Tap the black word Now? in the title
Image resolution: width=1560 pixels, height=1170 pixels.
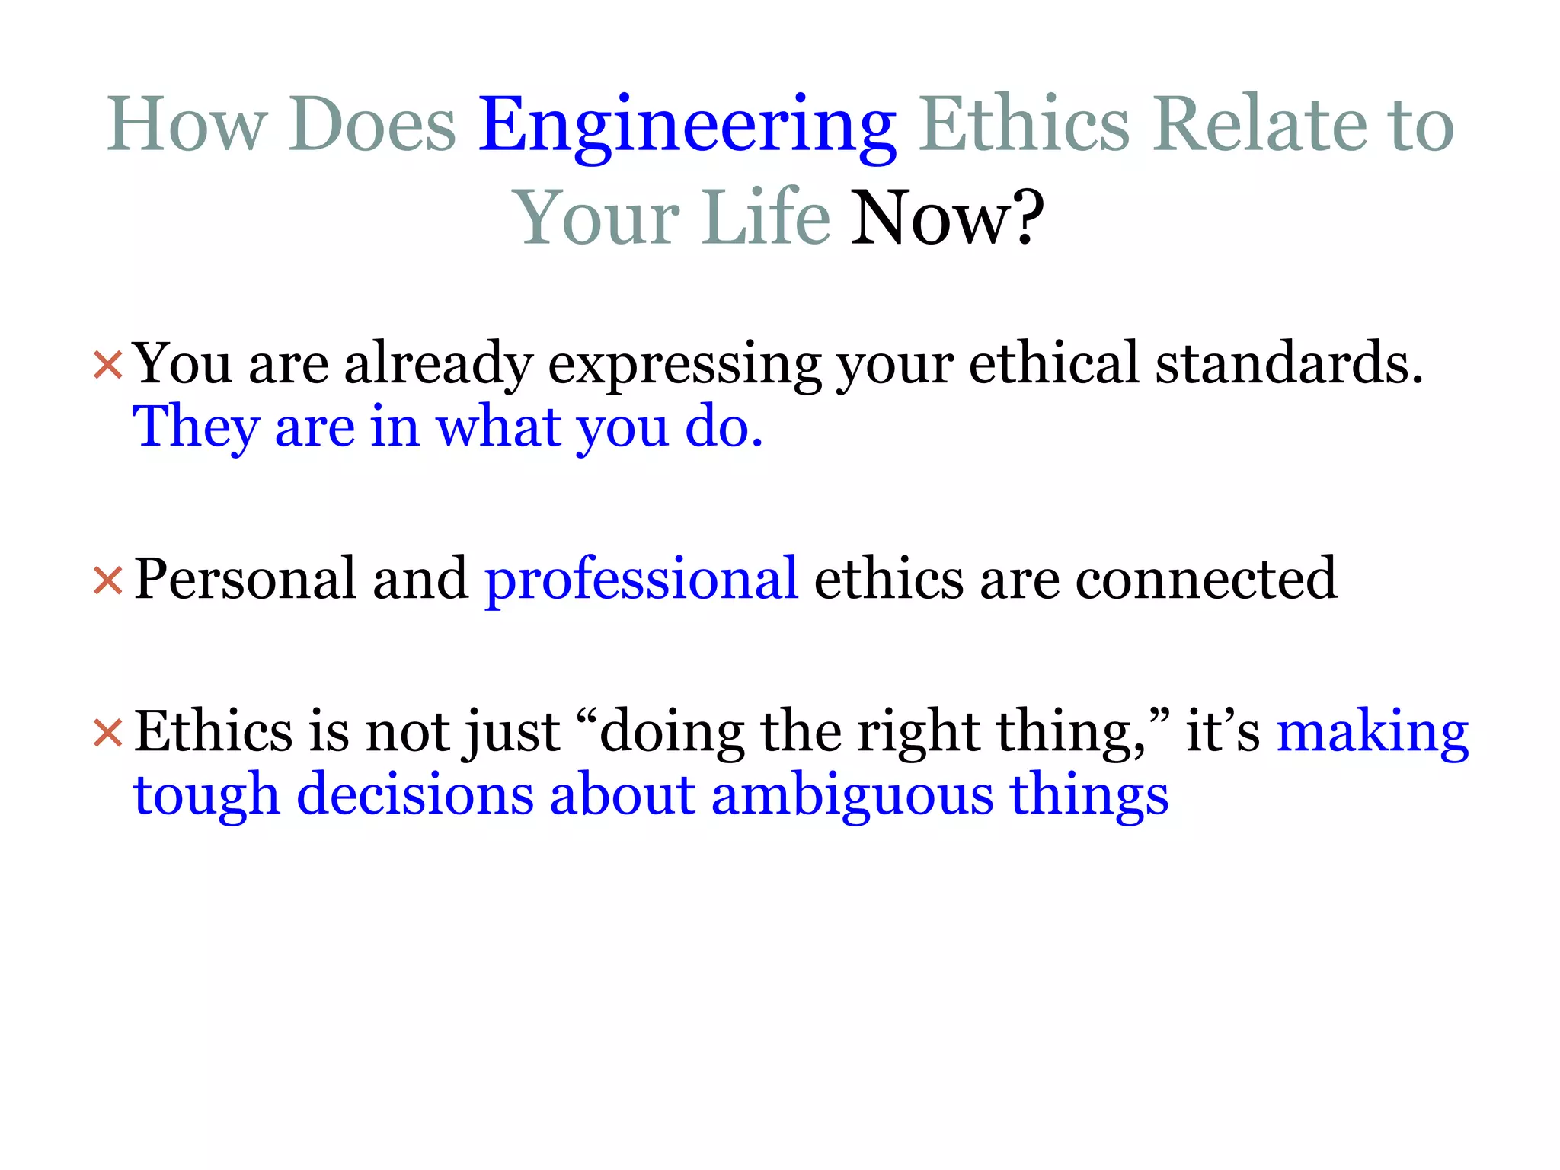(947, 219)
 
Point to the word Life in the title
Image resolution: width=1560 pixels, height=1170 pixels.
(766, 219)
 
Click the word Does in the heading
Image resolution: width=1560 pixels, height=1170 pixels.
(372, 124)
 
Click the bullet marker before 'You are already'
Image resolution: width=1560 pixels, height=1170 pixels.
(107, 365)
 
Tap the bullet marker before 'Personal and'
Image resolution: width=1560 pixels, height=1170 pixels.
(107, 581)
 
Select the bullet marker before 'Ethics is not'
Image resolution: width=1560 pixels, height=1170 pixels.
(107, 734)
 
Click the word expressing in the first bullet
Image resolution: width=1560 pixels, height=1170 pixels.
(684, 366)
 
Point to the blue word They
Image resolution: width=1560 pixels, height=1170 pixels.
(196, 427)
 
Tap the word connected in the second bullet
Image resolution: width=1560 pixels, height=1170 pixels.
(1206, 580)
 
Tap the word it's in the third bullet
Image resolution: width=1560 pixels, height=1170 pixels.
(1223, 732)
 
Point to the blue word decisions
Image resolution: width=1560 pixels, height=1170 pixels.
(415, 796)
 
